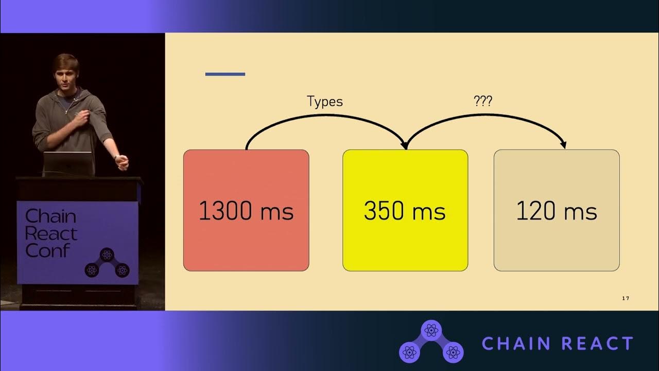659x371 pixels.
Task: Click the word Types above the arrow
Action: [325, 102]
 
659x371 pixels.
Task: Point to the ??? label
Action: [482, 101]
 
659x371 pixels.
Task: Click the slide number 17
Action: [626, 298]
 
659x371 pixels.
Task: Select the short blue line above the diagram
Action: [225, 74]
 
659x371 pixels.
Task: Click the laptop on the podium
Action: [68, 164]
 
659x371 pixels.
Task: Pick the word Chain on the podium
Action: [50, 216]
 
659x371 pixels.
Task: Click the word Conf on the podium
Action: [47, 250]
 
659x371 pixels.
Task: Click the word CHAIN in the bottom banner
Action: [515, 343]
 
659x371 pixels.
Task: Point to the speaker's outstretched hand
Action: [122, 163]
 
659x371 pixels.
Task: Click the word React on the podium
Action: [51, 233]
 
